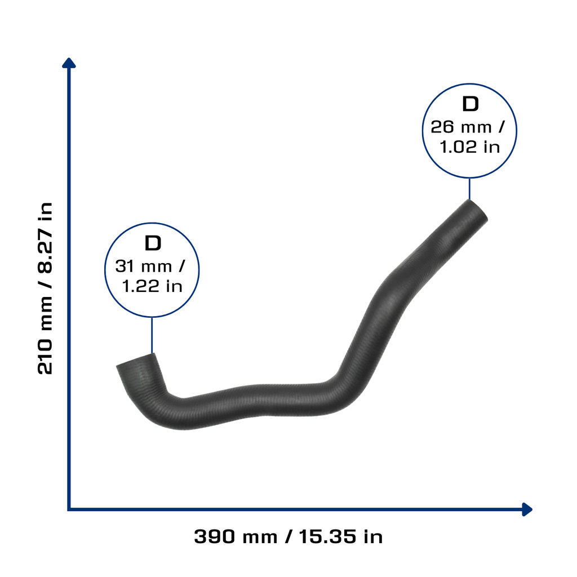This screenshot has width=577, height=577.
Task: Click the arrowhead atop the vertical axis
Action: tap(69, 63)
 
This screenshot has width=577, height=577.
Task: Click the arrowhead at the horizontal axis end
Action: tap(527, 509)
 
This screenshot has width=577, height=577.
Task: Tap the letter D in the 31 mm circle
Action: tap(153, 243)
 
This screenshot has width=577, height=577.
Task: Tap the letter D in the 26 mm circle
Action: tap(471, 104)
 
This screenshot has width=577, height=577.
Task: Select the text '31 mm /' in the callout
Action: tap(150, 266)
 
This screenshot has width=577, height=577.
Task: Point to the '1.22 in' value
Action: tap(152, 286)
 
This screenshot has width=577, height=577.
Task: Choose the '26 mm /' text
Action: tap(468, 127)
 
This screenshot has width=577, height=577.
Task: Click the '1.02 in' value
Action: tap(470, 147)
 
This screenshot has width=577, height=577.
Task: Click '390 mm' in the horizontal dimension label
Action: tap(236, 536)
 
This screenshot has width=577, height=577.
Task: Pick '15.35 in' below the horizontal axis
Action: tap(341, 536)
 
